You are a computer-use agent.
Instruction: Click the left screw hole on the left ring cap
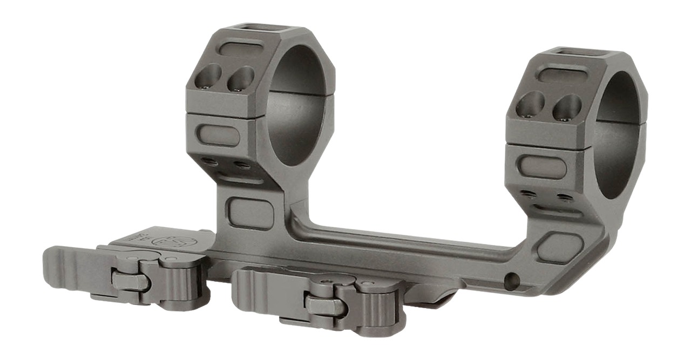pos(208,77)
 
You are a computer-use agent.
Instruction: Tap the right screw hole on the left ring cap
pos(240,79)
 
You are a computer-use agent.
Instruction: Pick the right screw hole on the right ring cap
pos(567,107)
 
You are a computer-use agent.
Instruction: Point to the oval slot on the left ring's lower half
pos(218,135)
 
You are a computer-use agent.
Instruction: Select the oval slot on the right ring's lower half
pos(541,167)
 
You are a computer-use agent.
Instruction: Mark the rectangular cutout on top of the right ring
pos(582,52)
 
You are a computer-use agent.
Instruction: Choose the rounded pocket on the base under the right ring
pos(560,248)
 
